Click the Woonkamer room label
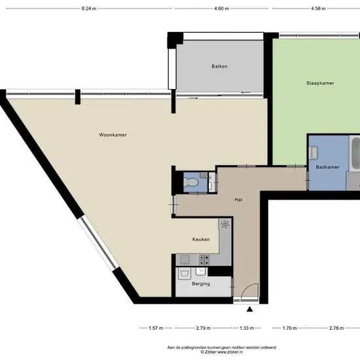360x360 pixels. click(x=112, y=135)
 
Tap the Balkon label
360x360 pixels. click(x=219, y=67)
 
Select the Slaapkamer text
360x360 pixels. click(x=320, y=83)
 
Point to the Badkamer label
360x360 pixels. click(x=327, y=168)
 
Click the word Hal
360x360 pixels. click(x=240, y=200)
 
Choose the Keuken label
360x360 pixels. click(x=201, y=240)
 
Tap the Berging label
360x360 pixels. click(x=201, y=283)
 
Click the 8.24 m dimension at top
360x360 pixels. click(x=89, y=9)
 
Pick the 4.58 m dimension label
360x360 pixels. click(x=318, y=9)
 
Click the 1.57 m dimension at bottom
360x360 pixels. click(x=156, y=328)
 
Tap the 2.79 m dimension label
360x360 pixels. click(x=203, y=328)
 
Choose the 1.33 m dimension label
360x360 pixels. click(x=247, y=328)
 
